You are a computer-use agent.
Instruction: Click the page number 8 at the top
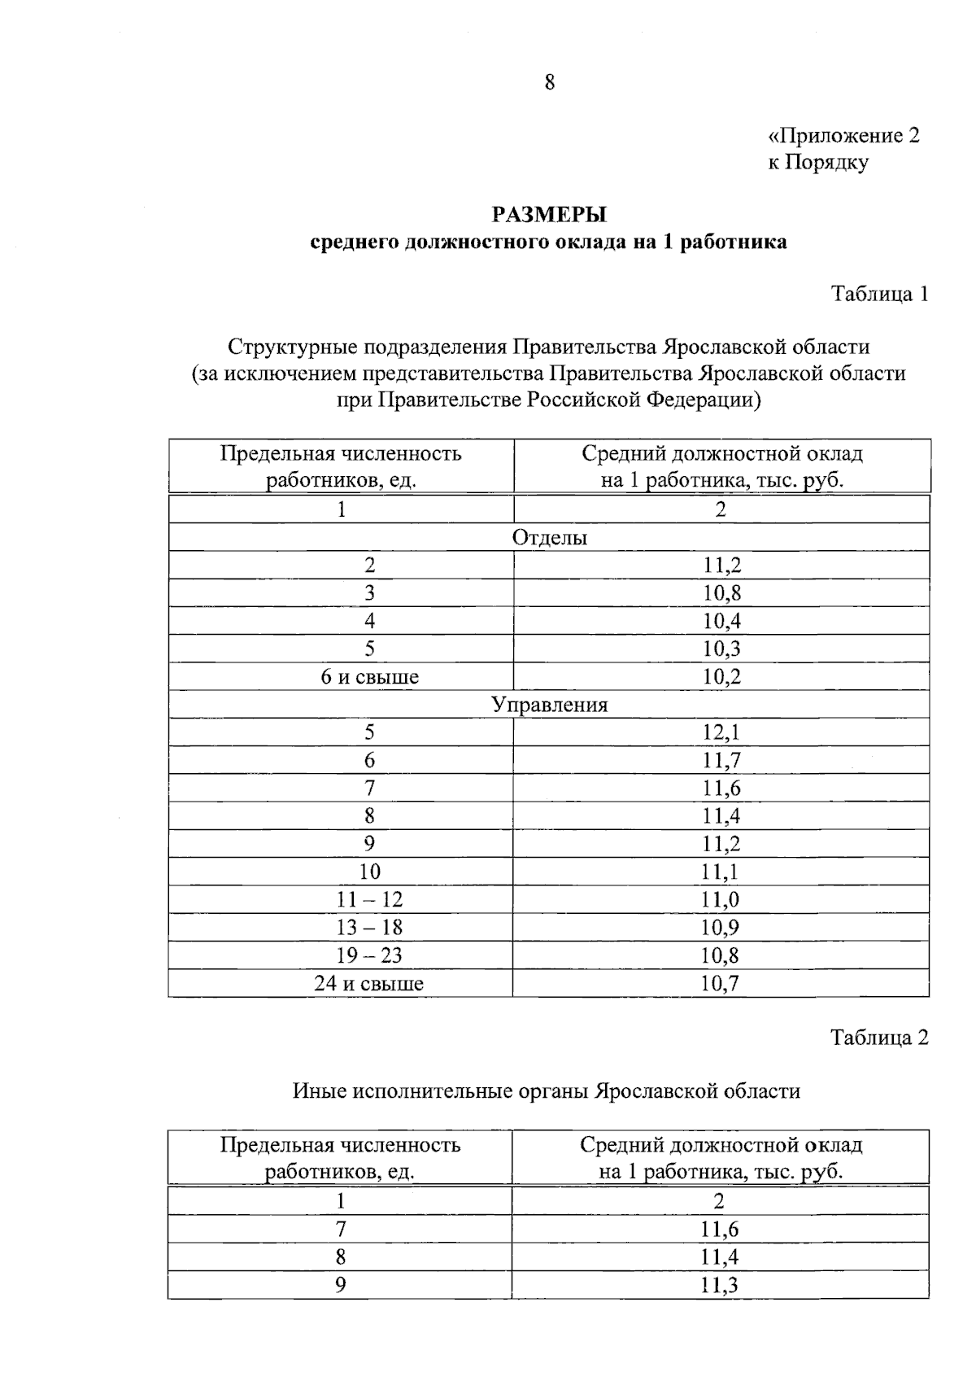(550, 82)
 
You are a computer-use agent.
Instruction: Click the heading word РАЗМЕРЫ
(550, 216)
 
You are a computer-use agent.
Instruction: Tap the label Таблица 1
(879, 295)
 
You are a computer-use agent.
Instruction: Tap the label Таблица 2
(878, 1038)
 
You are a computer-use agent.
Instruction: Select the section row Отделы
(550, 538)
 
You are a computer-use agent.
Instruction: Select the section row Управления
(550, 705)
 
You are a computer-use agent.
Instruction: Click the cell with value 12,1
(721, 732)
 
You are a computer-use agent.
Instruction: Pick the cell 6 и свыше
(369, 677)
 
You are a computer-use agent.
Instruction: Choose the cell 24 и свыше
(369, 984)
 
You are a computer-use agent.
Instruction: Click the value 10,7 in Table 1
(721, 984)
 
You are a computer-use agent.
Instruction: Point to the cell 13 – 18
(369, 928)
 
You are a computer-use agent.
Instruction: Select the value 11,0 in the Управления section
(721, 900)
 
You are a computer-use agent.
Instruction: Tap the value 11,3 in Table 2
(720, 1286)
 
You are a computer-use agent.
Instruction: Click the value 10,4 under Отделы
(721, 622)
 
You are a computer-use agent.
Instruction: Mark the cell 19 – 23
(369, 955)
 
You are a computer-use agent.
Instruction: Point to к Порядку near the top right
(818, 162)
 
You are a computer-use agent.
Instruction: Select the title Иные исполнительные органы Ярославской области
(547, 1091)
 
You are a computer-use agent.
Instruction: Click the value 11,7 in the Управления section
(721, 761)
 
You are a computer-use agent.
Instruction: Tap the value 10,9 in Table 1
(721, 928)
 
